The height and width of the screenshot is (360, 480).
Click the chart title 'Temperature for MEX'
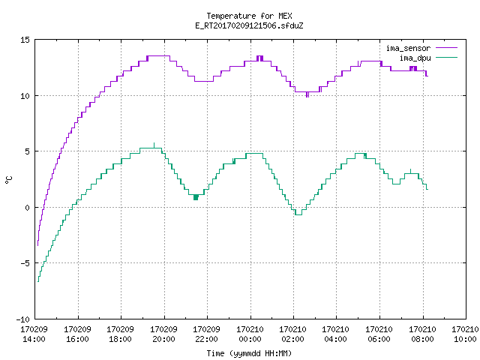coord(249,16)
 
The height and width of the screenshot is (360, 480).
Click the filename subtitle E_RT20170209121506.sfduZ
coord(249,25)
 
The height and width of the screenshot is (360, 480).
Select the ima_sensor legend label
coord(408,48)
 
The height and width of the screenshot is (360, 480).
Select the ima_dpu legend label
coord(415,58)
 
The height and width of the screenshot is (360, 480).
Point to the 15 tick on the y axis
coord(25,40)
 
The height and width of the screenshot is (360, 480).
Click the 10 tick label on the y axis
coord(25,96)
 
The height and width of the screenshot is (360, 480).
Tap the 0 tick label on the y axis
coord(27,208)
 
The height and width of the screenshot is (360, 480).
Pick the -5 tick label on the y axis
coord(25,263)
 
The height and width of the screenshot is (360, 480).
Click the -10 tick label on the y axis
coord(23,319)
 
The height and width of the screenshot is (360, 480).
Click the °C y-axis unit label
coord(8,180)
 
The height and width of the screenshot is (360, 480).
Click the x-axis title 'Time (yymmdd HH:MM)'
coord(249,353)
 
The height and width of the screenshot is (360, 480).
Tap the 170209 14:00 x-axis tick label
coord(34,334)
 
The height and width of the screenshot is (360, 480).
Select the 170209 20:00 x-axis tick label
coord(163,334)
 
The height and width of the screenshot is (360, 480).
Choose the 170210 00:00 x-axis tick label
coord(250,334)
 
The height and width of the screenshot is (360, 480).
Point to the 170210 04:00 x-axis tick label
coord(336,334)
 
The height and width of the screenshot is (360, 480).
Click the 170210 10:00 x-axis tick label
coord(465,334)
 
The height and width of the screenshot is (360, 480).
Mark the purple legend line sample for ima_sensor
coord(446,48)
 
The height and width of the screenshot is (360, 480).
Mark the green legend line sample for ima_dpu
coord(446,58)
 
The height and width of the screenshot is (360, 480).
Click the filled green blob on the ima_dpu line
coord(196,197)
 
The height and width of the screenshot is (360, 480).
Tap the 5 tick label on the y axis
coord(27,151)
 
